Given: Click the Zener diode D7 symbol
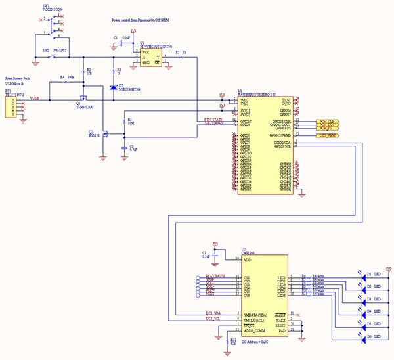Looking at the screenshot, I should tap(113, 87).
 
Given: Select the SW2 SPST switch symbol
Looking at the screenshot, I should tap(56, 55).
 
